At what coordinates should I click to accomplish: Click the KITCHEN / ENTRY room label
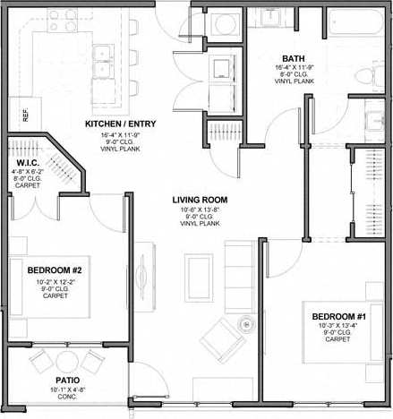tap(123, 124)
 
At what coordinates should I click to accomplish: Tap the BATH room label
tap(295, 57)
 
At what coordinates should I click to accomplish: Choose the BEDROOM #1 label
tap(337, 318)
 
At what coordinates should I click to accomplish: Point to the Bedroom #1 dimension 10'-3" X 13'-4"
tap(337, 327)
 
